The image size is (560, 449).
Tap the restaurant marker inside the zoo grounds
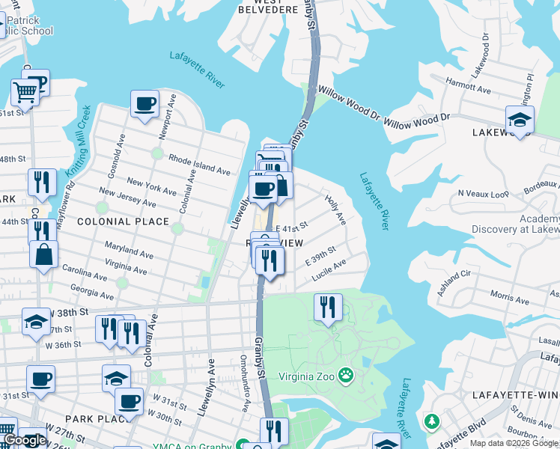click(328, 307)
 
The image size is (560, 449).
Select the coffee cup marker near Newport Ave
click(144, 103)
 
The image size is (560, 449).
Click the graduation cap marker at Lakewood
click(519, 118)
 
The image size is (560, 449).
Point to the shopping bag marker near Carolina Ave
click(43, 254)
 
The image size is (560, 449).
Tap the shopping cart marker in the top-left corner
click(25, 94)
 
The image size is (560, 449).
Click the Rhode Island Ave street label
click(199, 165)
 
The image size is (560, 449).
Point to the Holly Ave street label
click(335, 210)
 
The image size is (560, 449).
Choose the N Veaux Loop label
click(483, 192)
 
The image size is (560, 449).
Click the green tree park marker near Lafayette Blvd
click(431, 421)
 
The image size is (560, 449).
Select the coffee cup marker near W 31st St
click(129, 401)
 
